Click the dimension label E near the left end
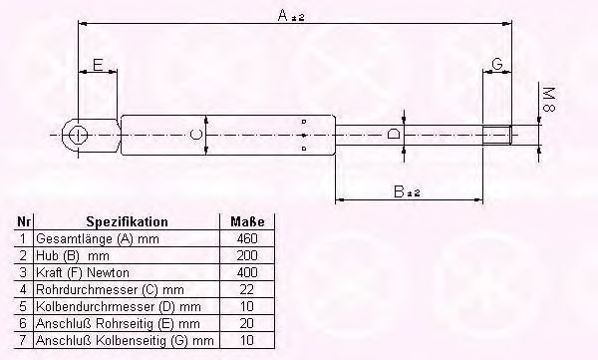(97, 65)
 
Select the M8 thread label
(547, 100)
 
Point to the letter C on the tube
(196, 134)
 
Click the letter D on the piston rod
(395, 134)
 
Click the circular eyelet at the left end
(78, 134)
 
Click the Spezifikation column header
(127, 221)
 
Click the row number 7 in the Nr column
(23, 341)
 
